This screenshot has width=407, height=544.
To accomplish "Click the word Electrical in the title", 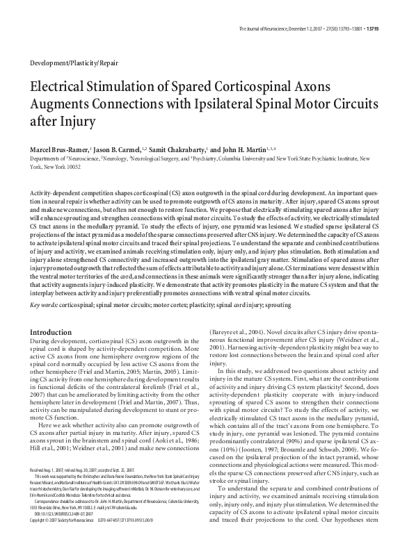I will coord(66,89).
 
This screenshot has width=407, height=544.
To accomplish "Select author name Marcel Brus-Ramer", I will coord(61,149).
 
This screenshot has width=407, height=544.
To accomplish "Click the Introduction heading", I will coord(50,333).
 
